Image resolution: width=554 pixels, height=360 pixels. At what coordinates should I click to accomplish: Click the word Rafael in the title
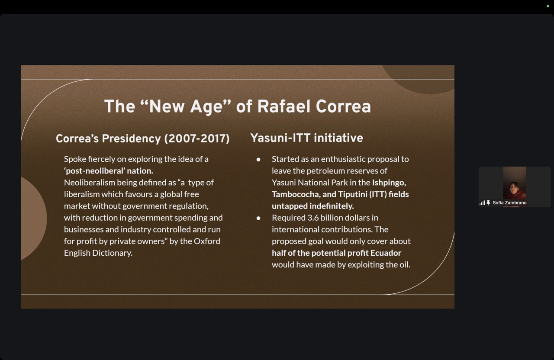[x=283, y=106]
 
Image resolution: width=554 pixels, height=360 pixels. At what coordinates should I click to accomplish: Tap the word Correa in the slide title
[x=343, y=106]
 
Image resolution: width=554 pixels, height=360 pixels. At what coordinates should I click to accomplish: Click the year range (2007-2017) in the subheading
[x=197, y=138]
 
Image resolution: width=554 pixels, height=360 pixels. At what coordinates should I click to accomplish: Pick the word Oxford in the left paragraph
[x=207, y=241]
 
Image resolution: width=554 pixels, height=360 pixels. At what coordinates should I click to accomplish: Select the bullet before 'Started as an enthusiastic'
[x=258, y=160]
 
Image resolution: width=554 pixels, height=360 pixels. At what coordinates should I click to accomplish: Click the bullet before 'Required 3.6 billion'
[x=258, y=218]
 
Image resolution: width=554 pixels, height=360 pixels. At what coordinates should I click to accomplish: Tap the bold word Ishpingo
[x=389, y=183]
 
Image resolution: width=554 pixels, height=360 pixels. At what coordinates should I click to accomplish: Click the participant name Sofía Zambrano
[x=509, y=203]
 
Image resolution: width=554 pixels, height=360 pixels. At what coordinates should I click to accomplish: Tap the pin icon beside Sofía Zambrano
[x=488, y=203]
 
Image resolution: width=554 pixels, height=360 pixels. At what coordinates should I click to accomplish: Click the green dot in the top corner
[x=548, y=6]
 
